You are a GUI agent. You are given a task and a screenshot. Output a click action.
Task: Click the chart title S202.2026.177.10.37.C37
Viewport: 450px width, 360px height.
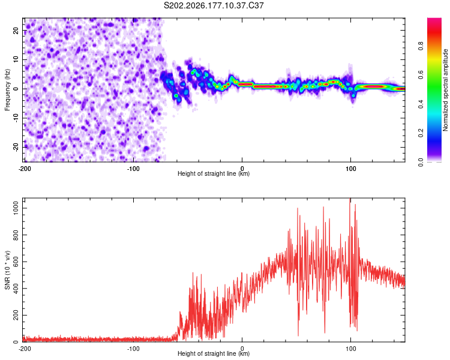pos(214,5)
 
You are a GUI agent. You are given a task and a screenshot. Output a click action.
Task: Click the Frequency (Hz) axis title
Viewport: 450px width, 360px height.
pos(7,90)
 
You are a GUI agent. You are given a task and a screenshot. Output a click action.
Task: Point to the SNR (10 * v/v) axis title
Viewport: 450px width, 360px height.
pos(7,270)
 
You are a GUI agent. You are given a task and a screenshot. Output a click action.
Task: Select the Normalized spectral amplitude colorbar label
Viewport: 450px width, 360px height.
pos(445,90)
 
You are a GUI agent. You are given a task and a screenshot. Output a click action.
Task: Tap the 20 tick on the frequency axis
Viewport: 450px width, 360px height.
pos(16,30)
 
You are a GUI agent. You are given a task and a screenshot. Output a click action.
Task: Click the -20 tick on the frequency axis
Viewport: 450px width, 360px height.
pos(16,147)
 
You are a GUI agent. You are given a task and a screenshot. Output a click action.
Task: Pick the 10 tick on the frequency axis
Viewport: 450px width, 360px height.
pos(16,59)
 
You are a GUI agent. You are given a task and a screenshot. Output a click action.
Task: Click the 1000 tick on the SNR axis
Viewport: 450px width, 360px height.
pos(16,208)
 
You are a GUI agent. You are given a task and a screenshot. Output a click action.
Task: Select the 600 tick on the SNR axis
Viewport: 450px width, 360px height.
pos(16,262)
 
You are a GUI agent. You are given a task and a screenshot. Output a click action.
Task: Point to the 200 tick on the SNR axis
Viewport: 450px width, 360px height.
pos(16,315)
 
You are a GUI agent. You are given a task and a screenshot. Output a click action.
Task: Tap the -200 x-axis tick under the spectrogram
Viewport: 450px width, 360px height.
pos(25,169)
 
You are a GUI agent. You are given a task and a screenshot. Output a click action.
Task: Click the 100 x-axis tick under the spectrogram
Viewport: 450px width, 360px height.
pos(351,169)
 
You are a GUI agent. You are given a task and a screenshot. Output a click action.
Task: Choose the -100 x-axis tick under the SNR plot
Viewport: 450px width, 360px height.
pos(133,349)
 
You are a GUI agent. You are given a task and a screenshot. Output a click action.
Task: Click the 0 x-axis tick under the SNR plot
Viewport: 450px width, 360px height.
pos(242,349)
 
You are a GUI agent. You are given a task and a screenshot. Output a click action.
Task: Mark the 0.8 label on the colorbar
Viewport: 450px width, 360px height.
pos(421,46)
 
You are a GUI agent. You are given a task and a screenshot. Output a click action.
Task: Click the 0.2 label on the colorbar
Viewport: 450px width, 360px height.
pos(421,133)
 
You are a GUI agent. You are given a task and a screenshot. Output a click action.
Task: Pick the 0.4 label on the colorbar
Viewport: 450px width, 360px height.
pos(421,104)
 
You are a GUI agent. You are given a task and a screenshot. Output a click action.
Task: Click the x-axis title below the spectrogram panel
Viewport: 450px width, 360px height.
pos(214,173)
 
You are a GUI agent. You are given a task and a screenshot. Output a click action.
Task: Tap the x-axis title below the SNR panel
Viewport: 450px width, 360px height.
pos(214,353)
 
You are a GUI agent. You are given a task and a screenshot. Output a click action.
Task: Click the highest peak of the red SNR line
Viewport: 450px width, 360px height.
pos(350,199)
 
